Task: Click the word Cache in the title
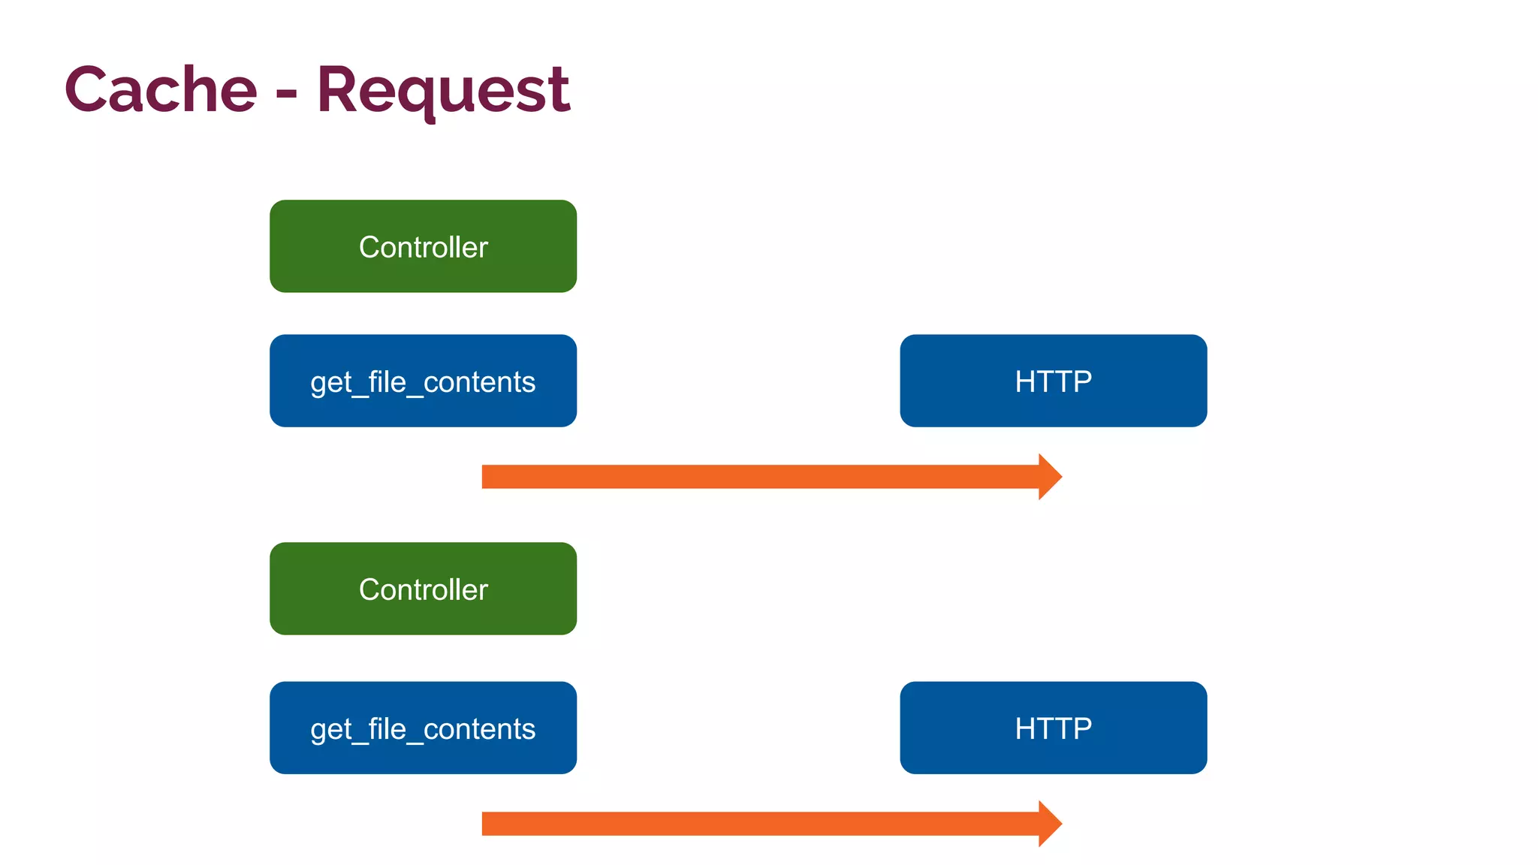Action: tap(161, 90)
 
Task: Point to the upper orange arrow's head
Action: tap(1050, 477)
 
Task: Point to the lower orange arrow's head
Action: tap(1050, 824)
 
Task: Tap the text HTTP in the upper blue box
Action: tap(1053, 381)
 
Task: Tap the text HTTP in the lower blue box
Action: tap(1053, 728)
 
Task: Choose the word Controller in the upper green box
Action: tap(423, 247)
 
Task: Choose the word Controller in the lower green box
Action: tap(423, 589)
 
